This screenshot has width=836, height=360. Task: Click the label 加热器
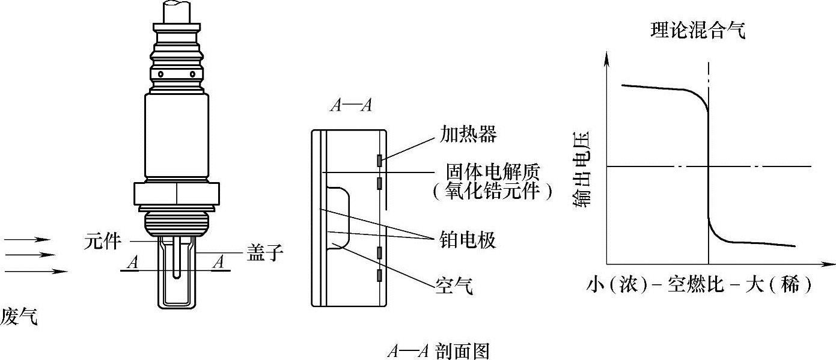coord(468,134)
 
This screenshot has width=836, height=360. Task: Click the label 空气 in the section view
coord(454,285)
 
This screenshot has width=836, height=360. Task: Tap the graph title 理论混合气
coord(698,31)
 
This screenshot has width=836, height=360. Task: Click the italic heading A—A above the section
coord(351,106)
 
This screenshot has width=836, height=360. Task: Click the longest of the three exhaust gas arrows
coord(36,271)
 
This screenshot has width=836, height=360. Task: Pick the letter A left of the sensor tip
coord(132,262)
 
